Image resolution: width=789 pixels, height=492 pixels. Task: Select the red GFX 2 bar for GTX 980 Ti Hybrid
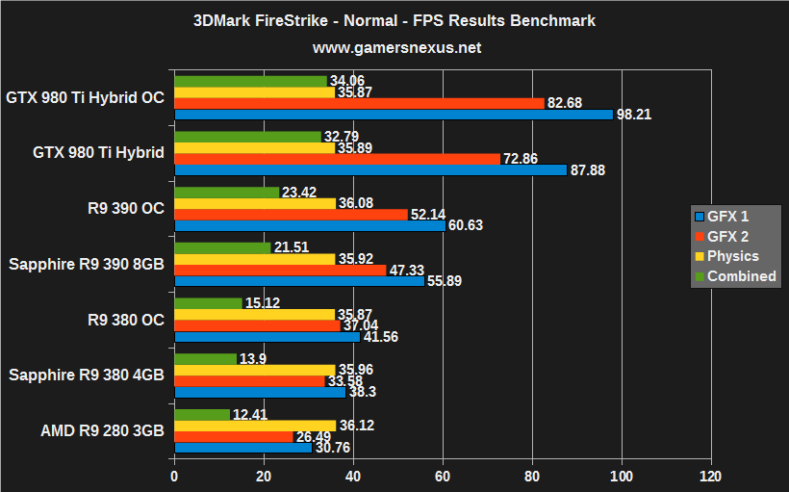coord(337,158)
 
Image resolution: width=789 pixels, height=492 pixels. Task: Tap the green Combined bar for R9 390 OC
coord(226,193)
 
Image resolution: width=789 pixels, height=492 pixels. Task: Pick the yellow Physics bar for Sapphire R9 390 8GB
coord(254,259)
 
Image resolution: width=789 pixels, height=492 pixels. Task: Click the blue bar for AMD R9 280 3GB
coord(242,448)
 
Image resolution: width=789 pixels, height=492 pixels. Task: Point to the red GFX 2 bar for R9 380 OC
coord(257,325)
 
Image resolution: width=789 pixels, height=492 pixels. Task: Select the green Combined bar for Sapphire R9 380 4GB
coord(205,359)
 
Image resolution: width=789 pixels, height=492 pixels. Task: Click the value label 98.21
coord(636,115)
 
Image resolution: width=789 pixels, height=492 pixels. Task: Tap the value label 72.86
coord(523,158)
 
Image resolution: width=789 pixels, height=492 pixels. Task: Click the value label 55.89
coord(446,281)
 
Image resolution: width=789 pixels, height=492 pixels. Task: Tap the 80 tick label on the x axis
coord(532,477)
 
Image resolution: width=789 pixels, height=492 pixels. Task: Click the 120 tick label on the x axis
coord(711,477)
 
